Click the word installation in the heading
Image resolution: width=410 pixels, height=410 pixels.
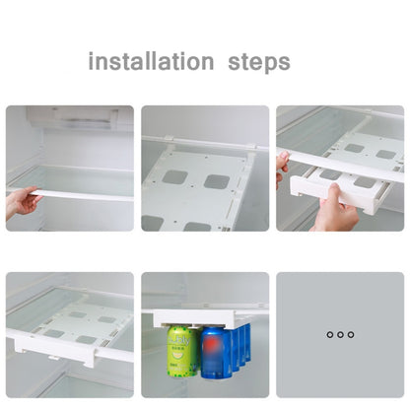[x=151, y=61]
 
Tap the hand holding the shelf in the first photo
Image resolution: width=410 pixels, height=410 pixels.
[x=22, y=202]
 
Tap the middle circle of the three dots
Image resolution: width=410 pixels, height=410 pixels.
[x=340, y=335]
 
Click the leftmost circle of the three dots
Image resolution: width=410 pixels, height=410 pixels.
[x=329, y=335]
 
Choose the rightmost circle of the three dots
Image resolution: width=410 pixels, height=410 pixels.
[x=351, y=335]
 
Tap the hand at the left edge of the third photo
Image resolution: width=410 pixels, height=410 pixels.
[x=282, y=168]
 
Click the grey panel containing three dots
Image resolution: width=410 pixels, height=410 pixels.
[x=340, y=335]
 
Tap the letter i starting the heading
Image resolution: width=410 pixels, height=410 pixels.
[x=92, y=61]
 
